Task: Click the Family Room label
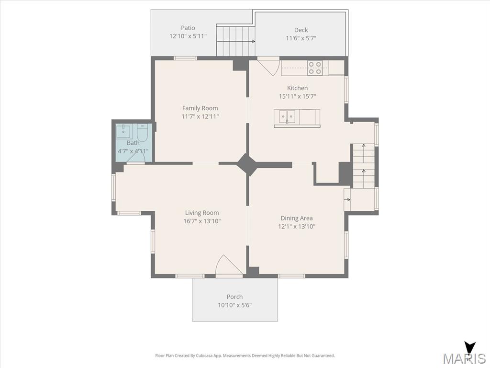coord(200,108)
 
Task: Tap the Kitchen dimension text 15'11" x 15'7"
coord(298,96)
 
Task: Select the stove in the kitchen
coord(315,68)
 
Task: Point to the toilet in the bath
coord(142,132)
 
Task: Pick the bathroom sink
coord(124,131)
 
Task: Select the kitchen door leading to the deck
coord(268,66)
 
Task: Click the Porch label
coord(234,297)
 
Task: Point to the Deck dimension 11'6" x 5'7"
coord(301,38)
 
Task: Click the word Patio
coord(188,28)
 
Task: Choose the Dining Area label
coord(297,218)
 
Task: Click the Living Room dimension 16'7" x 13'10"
coord(202,221)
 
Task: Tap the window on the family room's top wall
coord(185,58)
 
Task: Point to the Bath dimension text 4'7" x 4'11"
coord(133,151)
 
